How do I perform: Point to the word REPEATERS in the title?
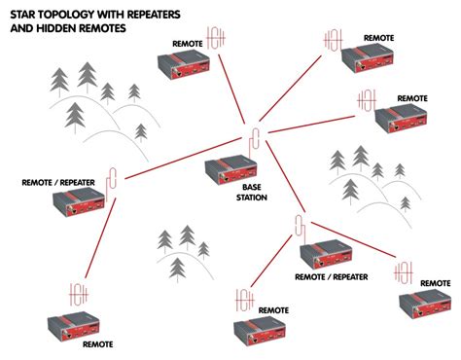point(154,15)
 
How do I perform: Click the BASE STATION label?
point(252,193)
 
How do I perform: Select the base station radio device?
point(230,169)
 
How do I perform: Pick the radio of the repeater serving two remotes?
point(326,255)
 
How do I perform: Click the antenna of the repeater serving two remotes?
point(301,228)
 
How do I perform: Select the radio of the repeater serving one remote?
point(79,201)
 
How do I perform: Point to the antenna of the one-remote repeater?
point(111,182)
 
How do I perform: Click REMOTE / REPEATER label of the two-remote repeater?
point(332,277)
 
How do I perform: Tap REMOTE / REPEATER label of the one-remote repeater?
point(58,183)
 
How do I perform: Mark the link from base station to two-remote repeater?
point(285,176)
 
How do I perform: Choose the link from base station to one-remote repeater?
point(183,158)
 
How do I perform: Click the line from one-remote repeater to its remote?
point(100,238)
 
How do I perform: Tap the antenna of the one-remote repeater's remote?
point(79,295)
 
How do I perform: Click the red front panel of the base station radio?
point(237,176)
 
